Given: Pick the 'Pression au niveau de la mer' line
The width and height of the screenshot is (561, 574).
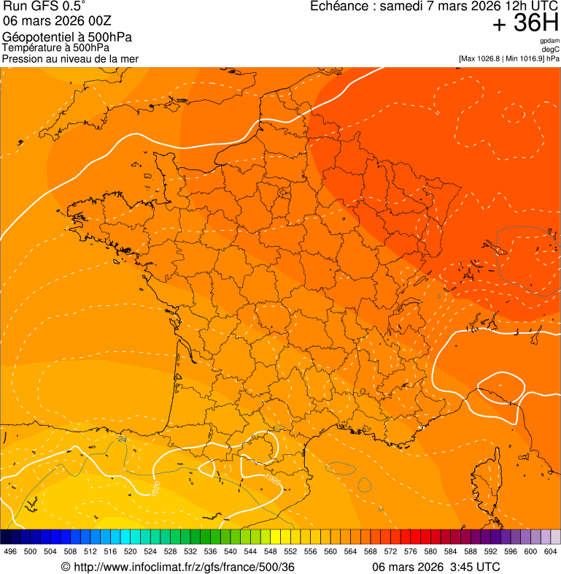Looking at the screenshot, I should click(70, 58).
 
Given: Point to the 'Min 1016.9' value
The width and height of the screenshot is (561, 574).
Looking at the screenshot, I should click(522, 58).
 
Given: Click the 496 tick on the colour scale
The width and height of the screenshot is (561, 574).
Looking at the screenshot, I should click(10, 551).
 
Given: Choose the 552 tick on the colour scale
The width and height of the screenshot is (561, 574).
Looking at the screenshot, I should click(290, 551).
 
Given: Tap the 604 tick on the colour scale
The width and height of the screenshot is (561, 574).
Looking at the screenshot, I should click(551, 551).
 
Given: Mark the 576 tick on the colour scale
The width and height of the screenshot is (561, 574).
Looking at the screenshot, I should click(411, 551).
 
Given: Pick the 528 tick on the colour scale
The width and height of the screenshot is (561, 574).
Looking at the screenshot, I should click(170, 551).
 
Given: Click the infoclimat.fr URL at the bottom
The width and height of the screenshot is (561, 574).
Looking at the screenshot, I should click(177, 567).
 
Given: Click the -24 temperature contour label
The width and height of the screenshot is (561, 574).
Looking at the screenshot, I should click(122, 440).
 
